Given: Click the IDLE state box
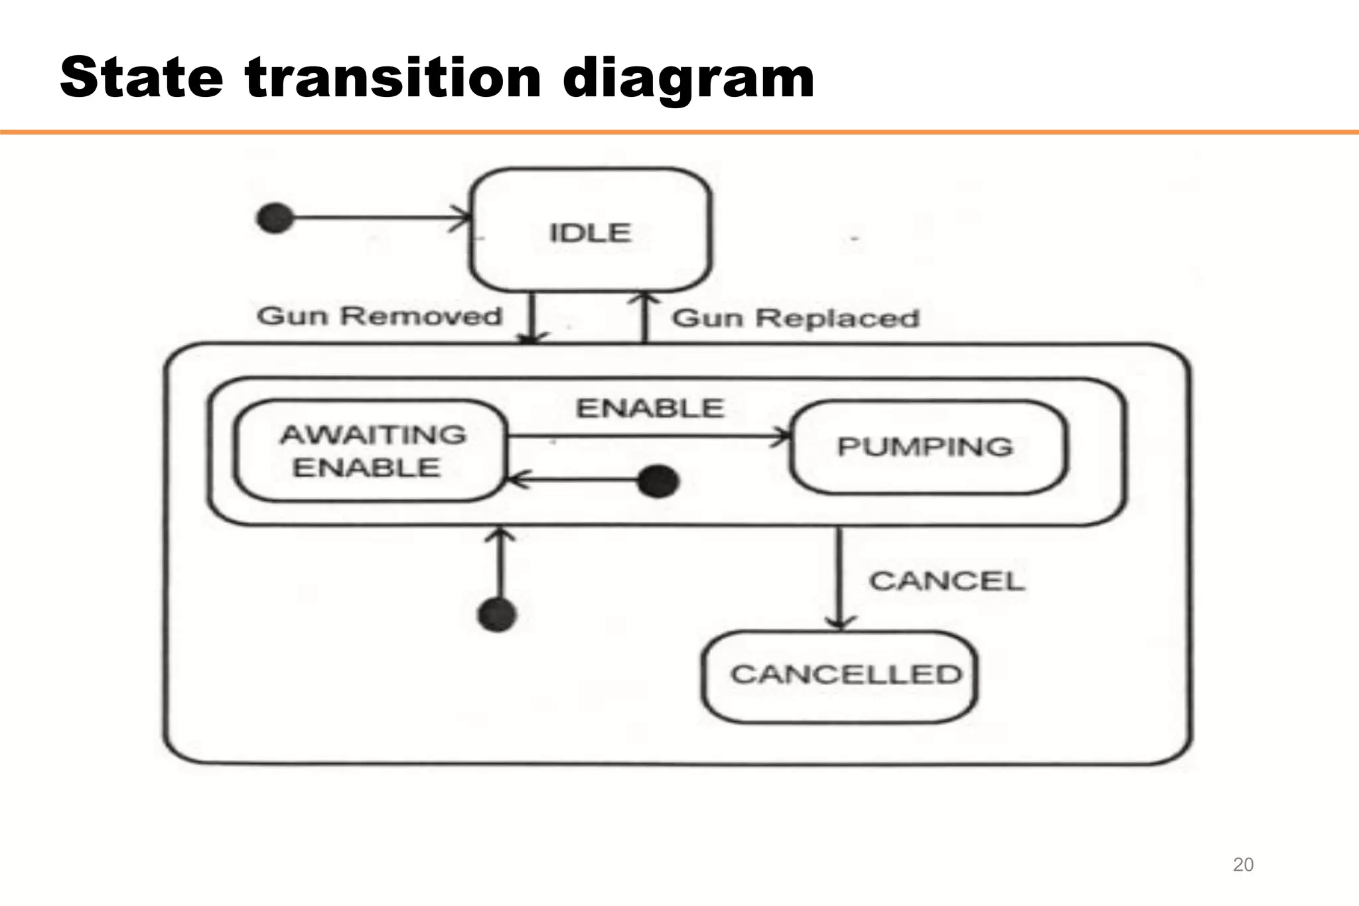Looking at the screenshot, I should click(x=590, y=230).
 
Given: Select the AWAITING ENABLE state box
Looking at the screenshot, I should click(x=370, y=451).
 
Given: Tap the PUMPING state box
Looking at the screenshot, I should click(x=927, y=447).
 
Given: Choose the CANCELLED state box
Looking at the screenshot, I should click(x=840, y=676).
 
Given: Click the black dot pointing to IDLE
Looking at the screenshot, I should click(x=275, y=218).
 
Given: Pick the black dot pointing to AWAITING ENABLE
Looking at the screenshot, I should click(x=658, y=481).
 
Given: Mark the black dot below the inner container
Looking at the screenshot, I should click(x=497, y=614).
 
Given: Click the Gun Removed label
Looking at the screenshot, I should click(x=379, y=316).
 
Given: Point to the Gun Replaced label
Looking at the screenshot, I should click(x=796, y=318).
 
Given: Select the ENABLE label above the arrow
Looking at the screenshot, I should click(x=650, y=408).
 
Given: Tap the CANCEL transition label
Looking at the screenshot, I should click(x=947, y=581).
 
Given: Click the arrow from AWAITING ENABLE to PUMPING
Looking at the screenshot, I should click(x=647, y=437).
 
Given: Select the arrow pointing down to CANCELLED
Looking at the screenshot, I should click(x=839, y=577).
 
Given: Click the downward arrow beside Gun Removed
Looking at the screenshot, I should click(x=532, y=318).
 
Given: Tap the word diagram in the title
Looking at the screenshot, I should click(x=688, y=78).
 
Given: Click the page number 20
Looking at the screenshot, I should click(x=1243, y=864).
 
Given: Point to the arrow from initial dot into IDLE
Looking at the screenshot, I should click(x=378, y=217).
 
